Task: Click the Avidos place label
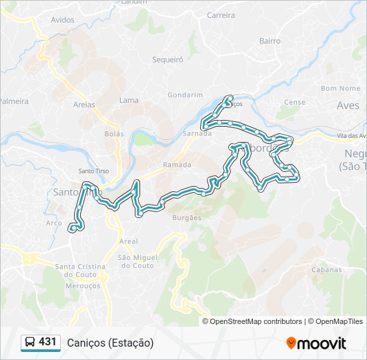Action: coord(63,20)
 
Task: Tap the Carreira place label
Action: coord(221,15)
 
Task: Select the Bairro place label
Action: coord(270,41)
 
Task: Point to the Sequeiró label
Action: coord(167,59)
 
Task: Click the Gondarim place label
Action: coord(180,95)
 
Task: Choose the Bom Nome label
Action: coord(340,88)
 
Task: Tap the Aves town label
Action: coord(348,105)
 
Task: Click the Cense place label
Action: coord(294,102)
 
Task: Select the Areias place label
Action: coord(84,105)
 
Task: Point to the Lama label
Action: coord(129,101)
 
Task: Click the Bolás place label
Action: coord(114,133)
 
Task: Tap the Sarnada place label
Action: coord(197,133)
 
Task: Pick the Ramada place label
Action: coord(177,165)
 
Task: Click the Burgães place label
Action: coord(187,217)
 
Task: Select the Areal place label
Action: coord(128,241)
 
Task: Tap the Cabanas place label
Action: coord(325,270)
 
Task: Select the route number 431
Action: coord(48,342)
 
